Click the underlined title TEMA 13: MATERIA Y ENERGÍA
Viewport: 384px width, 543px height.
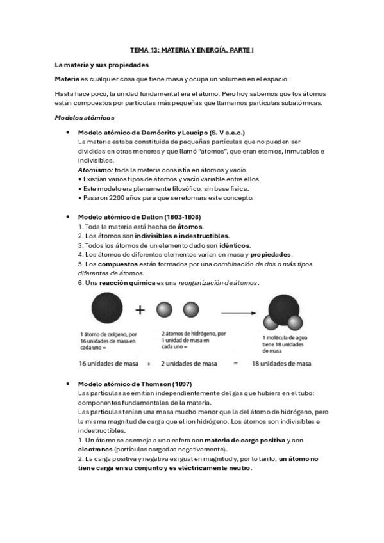[x=192, y=49]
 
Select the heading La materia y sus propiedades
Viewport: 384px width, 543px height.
[x=101, y=65]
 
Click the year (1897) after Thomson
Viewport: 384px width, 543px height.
[x=175, y=382]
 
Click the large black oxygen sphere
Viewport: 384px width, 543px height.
[x=104, y=309]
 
